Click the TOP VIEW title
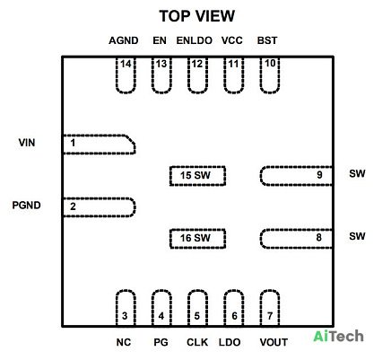[197, 16]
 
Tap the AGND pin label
[124, 40]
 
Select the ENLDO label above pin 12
[195, 40]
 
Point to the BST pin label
[267, 40]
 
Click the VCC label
[232, 40]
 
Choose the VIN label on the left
[27, 143]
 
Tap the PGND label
[26, 206]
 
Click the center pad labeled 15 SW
[197, 176]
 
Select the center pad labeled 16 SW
[197, 239]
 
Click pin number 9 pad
[296, 176]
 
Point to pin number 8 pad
[296, 239]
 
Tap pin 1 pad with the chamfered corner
[99, 145]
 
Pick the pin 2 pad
[99, 207]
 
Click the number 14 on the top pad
[126, 64]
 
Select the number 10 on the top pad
[270, 63]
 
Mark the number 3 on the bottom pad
[125, 316]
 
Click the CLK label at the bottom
[197, 342]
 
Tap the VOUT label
[274, 342]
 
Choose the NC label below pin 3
[124, 342]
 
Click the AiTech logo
[338, 337]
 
